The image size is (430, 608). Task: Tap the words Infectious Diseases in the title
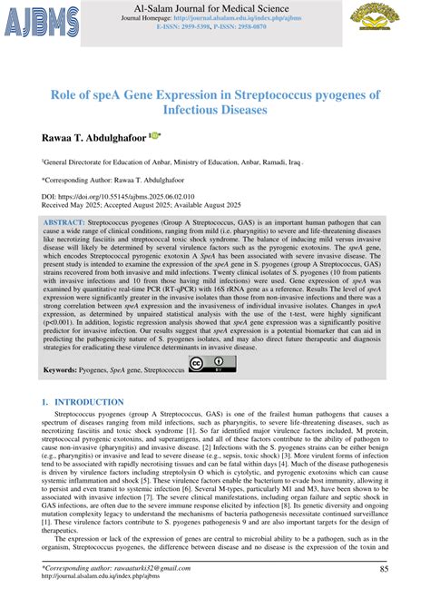point(215,111)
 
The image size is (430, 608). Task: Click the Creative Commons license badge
point(211,366)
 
